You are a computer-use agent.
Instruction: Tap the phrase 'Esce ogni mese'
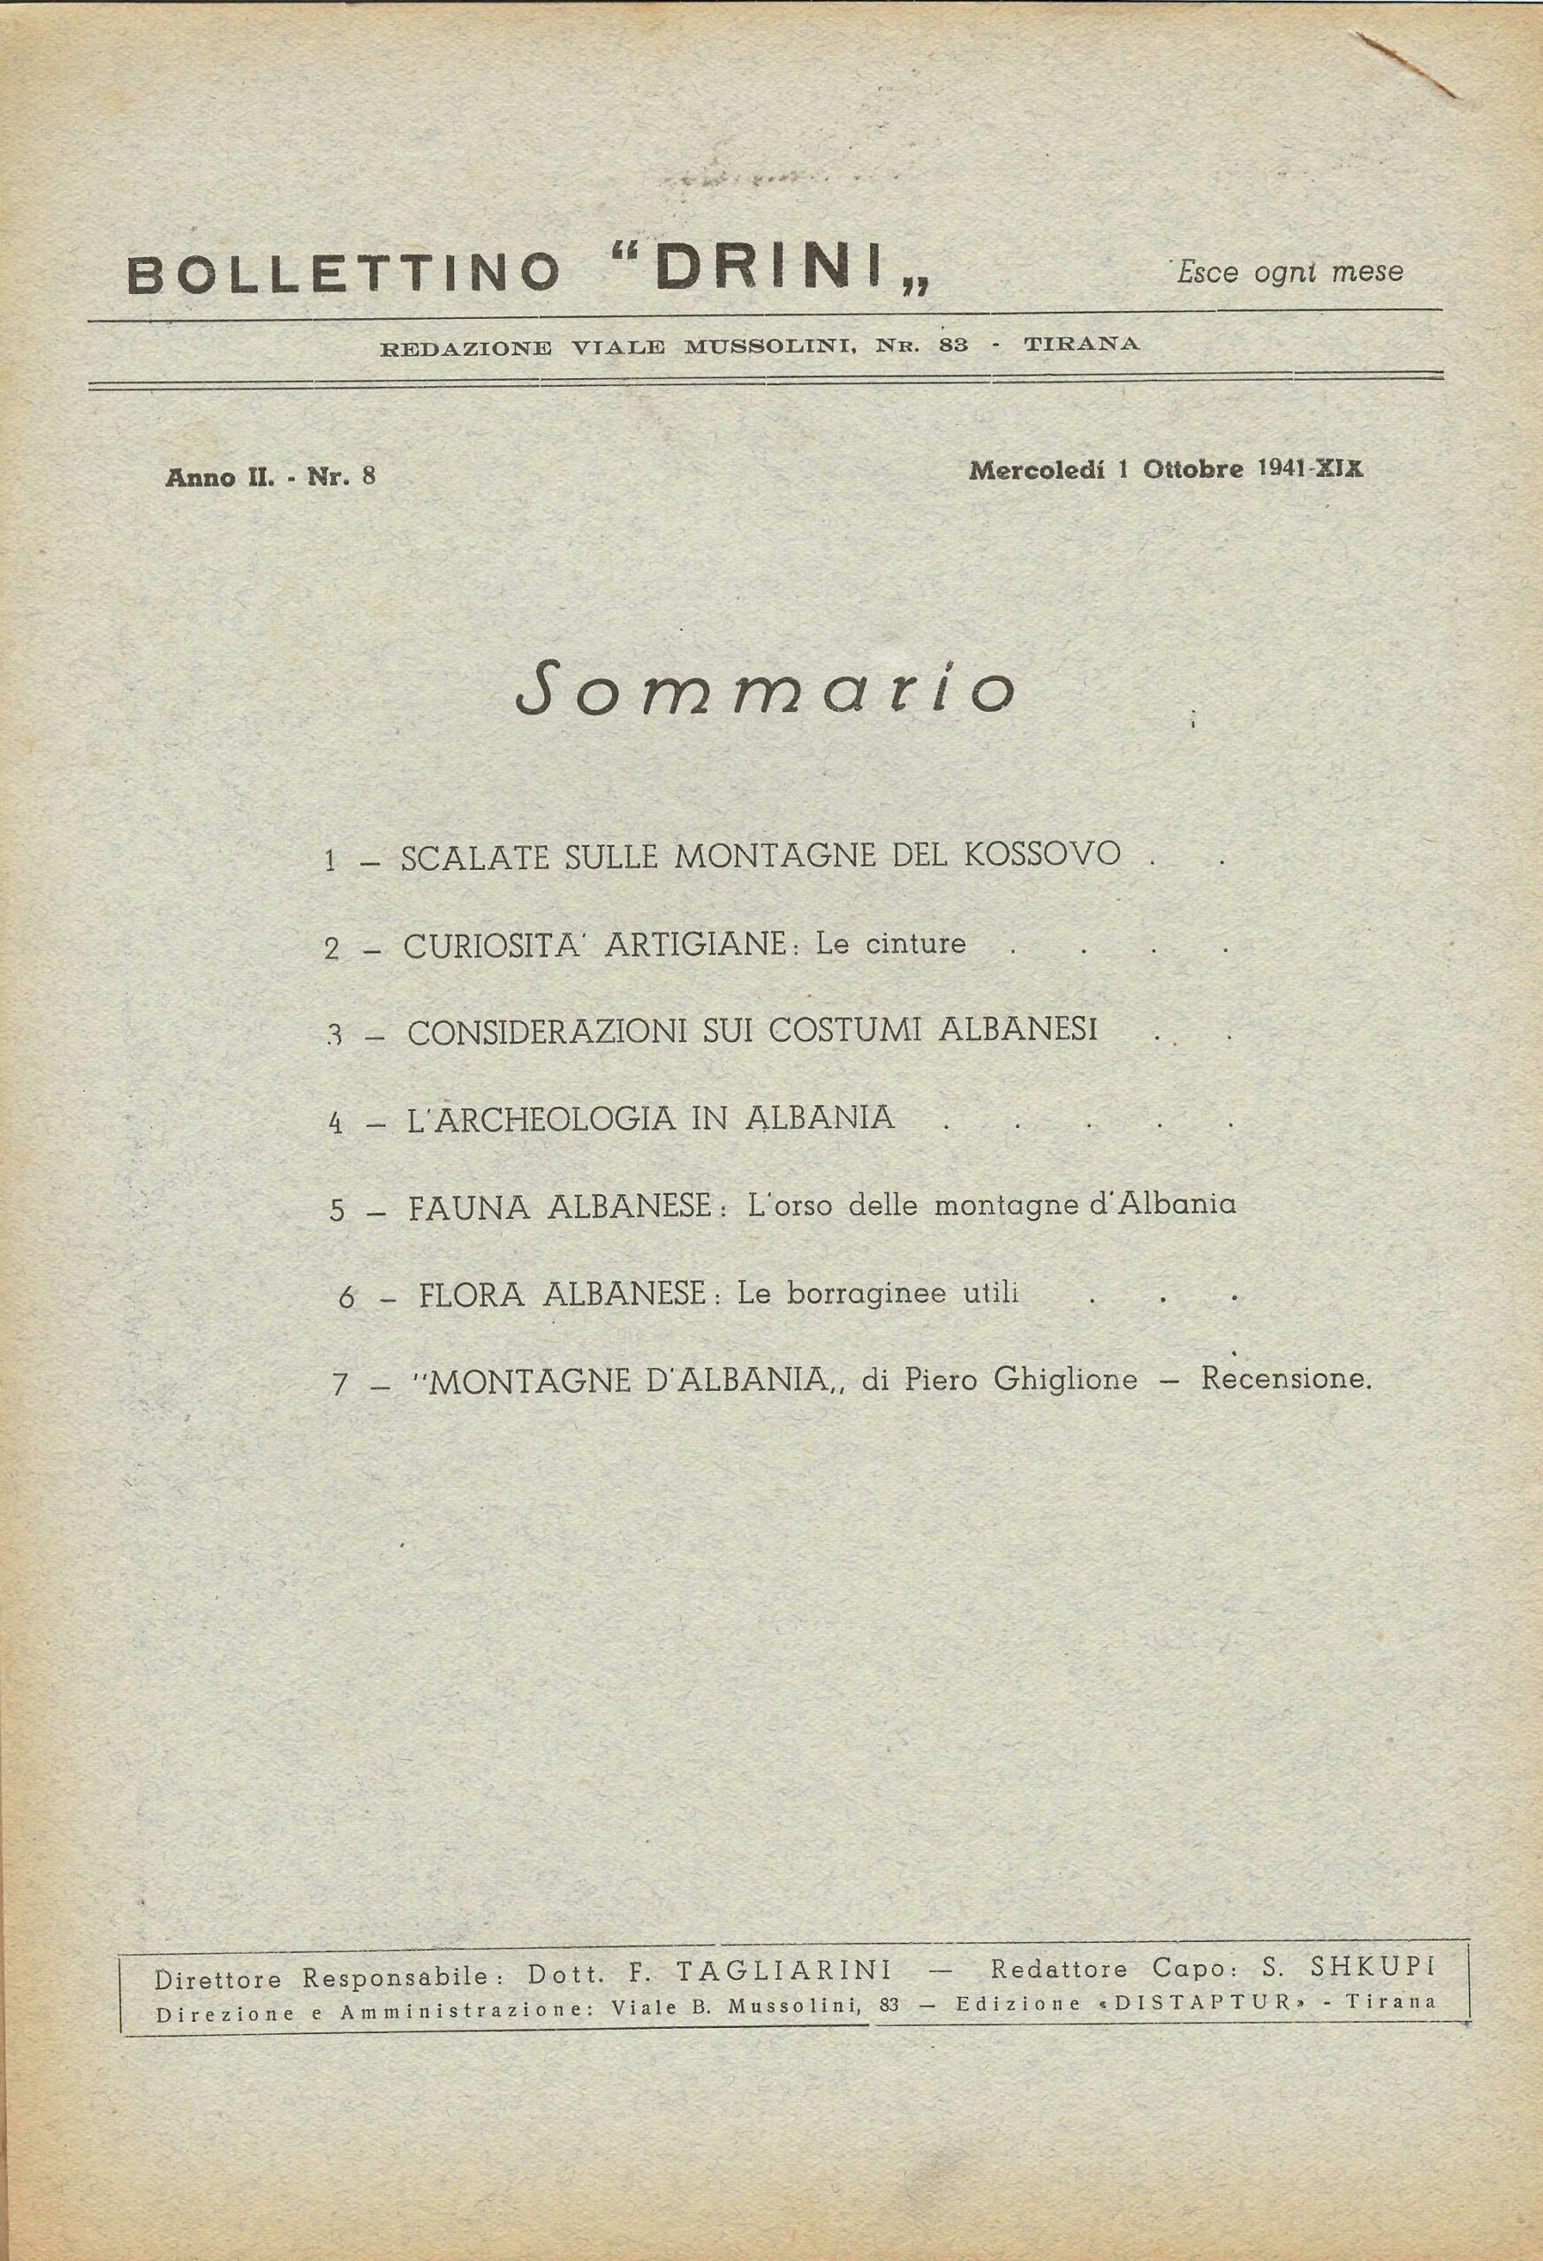click(x=1290, y=271)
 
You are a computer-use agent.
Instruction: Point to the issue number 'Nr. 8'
click(x=342, y=477)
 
